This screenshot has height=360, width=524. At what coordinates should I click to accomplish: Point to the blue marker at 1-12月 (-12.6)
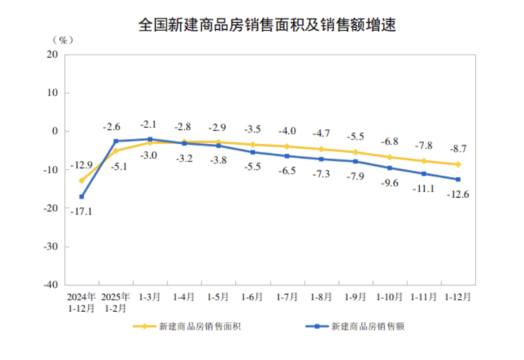click(x=458, y=179)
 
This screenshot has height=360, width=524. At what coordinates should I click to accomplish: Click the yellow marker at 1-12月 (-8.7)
click(x=458, y=164)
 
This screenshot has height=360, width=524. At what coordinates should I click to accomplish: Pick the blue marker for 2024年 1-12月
click(x=81, y=196)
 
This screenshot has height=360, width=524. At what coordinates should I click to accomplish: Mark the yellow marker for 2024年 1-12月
click(x=81, y=181)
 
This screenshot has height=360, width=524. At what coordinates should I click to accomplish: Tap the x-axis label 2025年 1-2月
click(x=115, y=303)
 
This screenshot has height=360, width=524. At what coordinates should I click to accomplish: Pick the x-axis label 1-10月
click(x=389, y=298)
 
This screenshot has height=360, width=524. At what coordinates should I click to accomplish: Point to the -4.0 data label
click(x=287, y=130)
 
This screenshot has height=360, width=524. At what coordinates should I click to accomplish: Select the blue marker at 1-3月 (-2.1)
click(x=150, y=139)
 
